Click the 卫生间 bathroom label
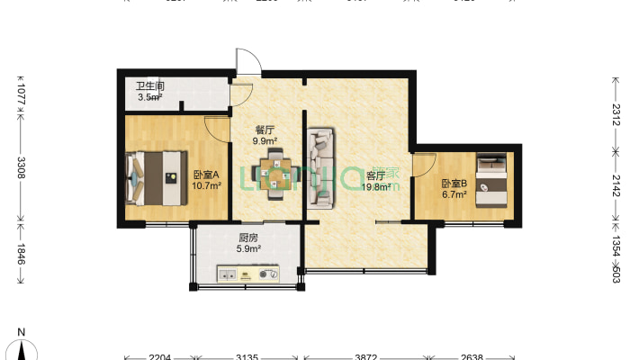pyautogui.click(x=150, y=87)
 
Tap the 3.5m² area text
pyautogui.click(x=149, y=97)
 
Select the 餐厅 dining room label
pyautogui.click(x=264, y=130)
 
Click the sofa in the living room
pyautogui.click(x=319, y=168)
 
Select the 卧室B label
pyautogui.click(x=454, y=184)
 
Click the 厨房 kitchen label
pyautogui.click(x=249, y=238)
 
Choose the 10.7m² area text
pyautogui.click(x=206, y=187)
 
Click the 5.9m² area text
pyautogui.click(x=249, y=249)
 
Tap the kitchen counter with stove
pyautogui.click(x=249, y=273)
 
